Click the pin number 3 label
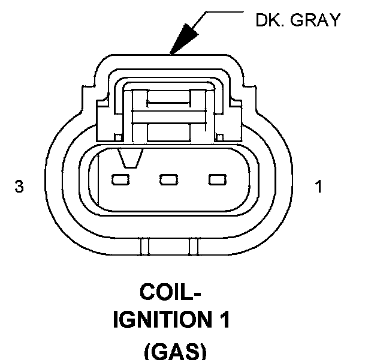(19, 187)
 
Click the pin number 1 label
(319, 187)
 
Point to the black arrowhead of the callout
(179, 45)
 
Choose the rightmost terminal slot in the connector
(216, 179)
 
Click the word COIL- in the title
(170, 294)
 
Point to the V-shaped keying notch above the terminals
(131, 158)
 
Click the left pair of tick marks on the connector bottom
(143, 246)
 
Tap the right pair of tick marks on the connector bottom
(193, 246)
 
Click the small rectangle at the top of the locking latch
(169, 97)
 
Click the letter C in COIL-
(148, 294)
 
